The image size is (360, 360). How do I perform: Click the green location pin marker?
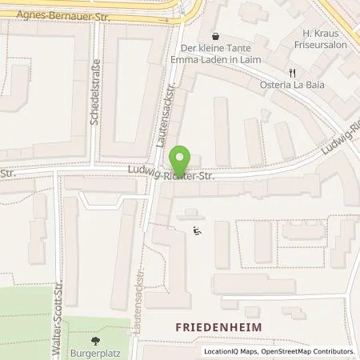click(182, 157)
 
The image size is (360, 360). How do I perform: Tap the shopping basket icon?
click(215, 35)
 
